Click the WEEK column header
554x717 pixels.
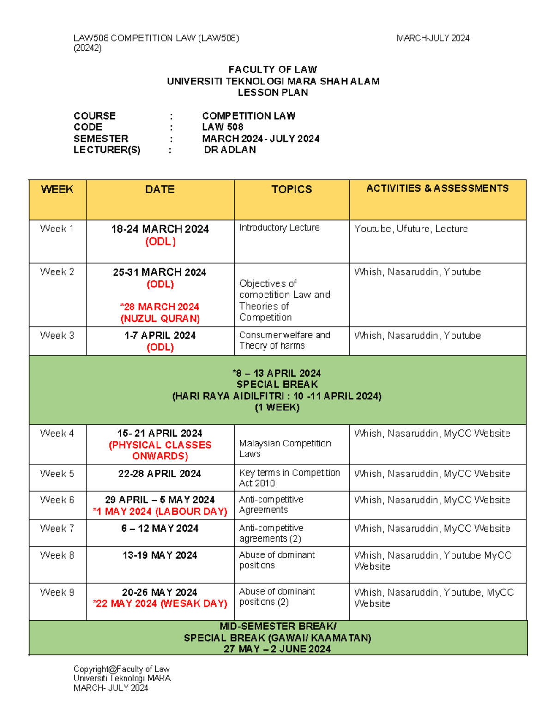point(57,189)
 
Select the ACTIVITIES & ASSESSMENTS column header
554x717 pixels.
point(437,188)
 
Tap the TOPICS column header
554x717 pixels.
point(291,189)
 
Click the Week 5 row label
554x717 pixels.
point(57,474)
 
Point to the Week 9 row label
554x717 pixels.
point(57,592)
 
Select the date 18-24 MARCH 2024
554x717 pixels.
point(160,229)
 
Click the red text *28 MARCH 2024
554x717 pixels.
point(160,307)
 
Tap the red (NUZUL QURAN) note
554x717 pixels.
point(160,319)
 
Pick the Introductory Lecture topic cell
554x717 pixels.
point(279,228)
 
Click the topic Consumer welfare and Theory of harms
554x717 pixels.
point(284,340)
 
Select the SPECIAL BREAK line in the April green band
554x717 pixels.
point(277,385)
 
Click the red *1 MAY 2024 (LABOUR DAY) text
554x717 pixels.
point(160,512)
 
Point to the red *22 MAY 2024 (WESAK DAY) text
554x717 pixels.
point(160,603)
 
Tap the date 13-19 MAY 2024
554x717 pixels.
point(160,555)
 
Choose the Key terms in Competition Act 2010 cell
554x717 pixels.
point(289,478)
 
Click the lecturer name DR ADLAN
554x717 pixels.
point(230,150)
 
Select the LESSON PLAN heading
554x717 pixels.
point(273,92)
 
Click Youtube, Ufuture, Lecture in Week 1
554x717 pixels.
point(410,229)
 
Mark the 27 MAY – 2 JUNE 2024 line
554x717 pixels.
point(277,649)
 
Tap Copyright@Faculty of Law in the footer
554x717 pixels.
point(121,669)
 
